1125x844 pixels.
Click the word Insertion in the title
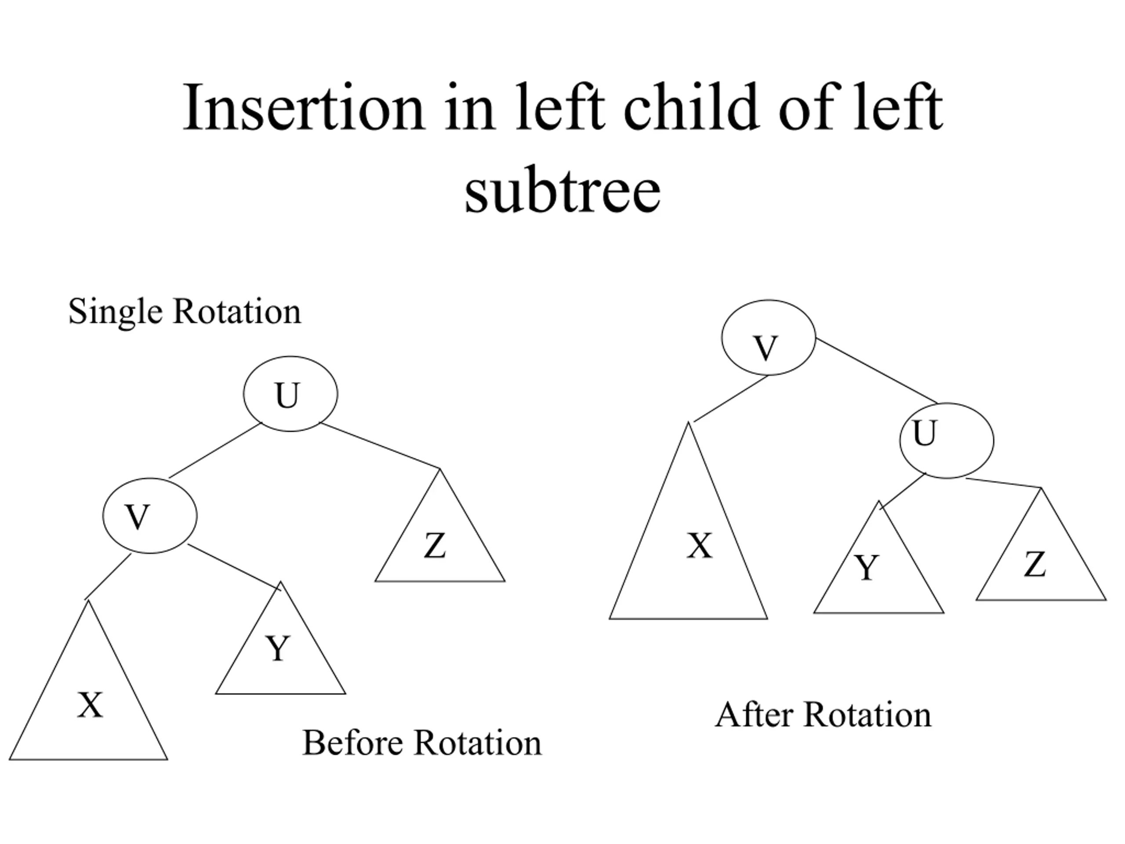coord(304,108)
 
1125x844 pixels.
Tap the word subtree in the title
coord(562,190)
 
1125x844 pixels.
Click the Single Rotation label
coord(185,312)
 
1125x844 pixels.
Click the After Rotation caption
coord(824,715)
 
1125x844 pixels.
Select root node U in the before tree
coord(290,394)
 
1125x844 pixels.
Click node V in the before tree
coord(150,515)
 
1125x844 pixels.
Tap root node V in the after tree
coord(769,337)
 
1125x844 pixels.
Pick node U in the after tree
coord(947,440)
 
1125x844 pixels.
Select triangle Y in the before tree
coord(280,656)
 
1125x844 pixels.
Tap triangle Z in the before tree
coord(440,543)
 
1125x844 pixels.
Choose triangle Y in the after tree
coord(879,575)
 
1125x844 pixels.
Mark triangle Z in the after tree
coord(1041,562)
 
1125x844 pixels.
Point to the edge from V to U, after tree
coord(876,371)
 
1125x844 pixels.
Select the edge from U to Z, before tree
coord(381,446)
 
